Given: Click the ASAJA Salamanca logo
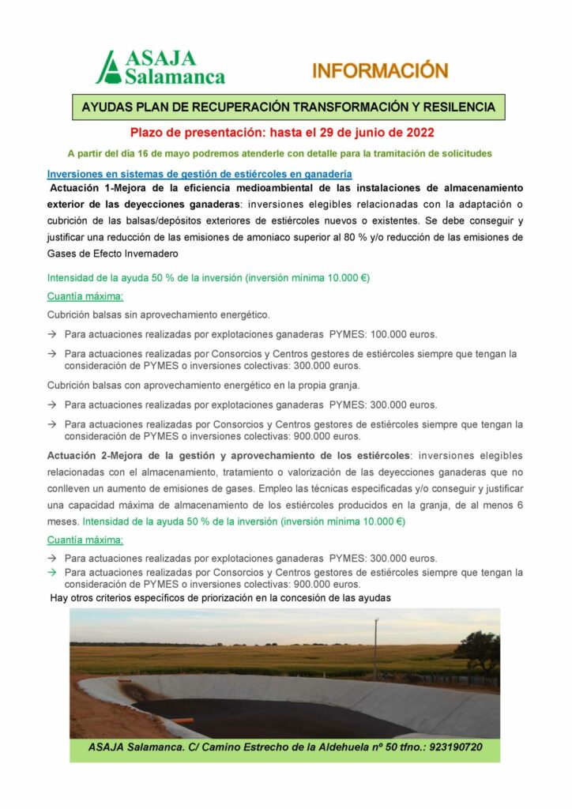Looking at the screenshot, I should click(x=160, y=68).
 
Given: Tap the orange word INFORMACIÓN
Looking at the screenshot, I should click(x=380, y=71).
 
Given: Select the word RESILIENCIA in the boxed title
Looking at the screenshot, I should click(x=453, y=106).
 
